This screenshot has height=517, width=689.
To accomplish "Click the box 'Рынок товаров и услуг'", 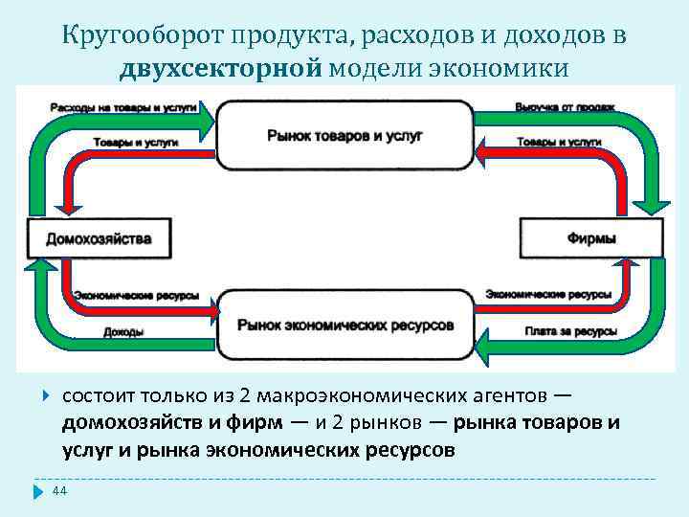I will [344, 136].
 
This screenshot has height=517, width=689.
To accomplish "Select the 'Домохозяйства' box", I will [99, 236].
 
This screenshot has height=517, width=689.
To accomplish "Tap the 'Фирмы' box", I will [591, 236].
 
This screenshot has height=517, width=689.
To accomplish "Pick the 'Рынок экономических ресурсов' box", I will [345, 326].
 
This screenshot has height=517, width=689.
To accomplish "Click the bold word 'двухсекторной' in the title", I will [224, 69].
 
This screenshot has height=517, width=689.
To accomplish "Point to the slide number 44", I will [58, 491].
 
